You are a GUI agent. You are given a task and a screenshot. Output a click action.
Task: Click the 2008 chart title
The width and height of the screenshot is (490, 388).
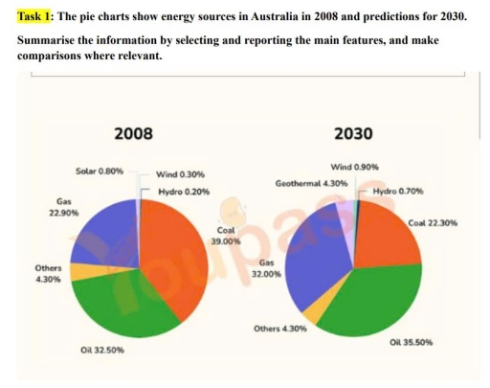(132, 133)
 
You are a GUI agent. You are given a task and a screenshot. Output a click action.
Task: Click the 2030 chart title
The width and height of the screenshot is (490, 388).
(353, 133)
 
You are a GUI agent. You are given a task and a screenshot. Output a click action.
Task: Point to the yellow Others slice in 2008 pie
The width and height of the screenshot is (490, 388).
(82, 272)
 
